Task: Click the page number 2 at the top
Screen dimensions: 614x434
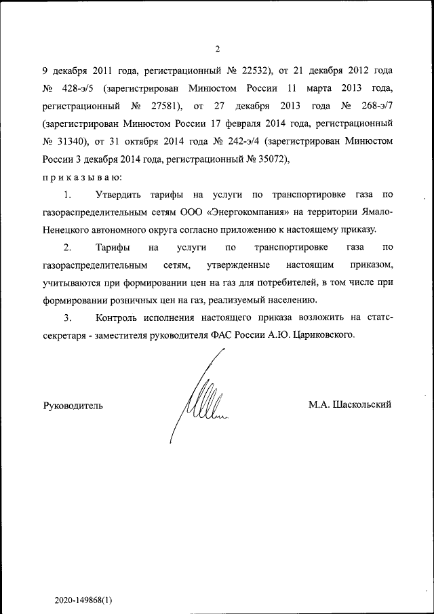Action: point(217,48)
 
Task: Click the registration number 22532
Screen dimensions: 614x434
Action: point(250,70)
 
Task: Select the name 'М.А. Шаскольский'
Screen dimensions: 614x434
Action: point(350,404)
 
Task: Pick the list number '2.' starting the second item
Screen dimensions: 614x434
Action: point(68,248)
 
